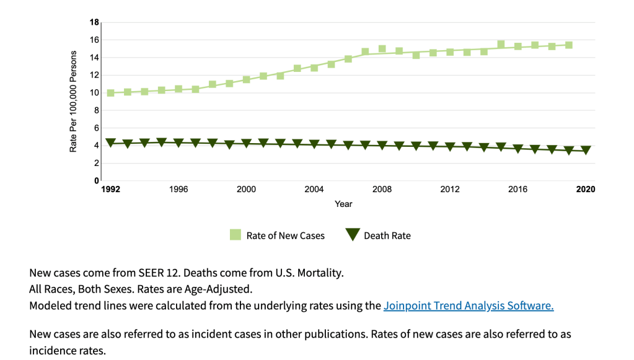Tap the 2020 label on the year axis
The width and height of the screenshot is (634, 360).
[x=586, y=189]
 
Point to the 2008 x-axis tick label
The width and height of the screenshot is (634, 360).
[x=382, y=189]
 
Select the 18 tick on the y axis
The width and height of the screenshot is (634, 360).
[x=94, y=22]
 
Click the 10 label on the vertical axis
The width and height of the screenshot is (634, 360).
[x=94, y=93]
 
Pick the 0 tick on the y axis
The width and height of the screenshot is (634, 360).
[x=97, y=181]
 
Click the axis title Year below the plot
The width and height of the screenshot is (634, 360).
[x=343, y=204]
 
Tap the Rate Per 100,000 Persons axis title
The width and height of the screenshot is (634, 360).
[x=73, y=102]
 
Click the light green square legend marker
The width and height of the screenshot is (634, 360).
[x=236, y=235]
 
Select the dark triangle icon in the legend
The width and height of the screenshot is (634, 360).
[x=353, y=235]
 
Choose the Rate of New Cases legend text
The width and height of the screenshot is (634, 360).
[x=285, y=235]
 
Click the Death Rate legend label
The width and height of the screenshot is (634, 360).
[x=387, y=235]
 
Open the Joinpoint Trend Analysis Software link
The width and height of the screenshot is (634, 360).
[x=468, y=305]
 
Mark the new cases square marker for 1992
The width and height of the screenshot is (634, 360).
[x=111, y=93]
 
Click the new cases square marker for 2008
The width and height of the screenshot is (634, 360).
[x=382, y=49]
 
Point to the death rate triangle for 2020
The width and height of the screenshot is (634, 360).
[x=586, y=150]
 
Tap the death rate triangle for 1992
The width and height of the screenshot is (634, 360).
[x=111, y=143]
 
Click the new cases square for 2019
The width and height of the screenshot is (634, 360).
[x=569, y=45]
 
